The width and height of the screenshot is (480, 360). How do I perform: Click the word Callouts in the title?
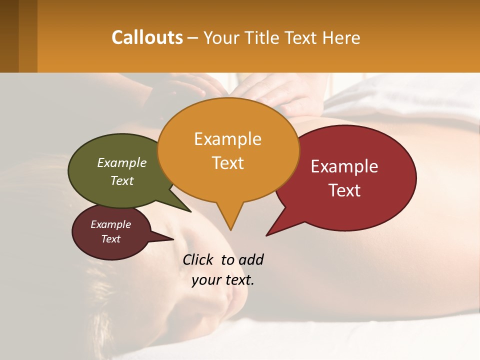point(147,37)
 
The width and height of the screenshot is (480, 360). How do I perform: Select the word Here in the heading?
point(341,37)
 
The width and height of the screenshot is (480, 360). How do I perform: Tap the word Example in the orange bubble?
point(227,139)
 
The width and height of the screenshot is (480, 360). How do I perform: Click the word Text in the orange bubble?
point(227,163)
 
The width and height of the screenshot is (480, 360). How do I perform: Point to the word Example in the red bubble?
point(344,166)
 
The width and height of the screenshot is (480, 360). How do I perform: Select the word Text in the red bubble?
point(344,190)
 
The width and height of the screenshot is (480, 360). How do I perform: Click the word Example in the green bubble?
point(121,162)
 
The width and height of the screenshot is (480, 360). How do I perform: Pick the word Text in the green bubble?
point(121,180)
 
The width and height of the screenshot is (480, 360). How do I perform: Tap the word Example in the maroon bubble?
point(110,224)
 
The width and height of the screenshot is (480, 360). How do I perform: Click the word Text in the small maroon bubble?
point(110,239)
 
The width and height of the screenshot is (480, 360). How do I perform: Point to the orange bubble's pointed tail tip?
point(230,229)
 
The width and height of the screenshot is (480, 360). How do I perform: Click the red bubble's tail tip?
point(267,234)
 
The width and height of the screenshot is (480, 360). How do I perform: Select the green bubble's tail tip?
point(190,211)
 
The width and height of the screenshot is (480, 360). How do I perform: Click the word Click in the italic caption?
point(198,259)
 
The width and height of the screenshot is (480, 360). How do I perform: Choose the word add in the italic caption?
point(250,259)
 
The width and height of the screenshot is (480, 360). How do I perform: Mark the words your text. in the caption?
point(223,280)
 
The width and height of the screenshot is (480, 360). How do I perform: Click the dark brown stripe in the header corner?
point(9,36)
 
